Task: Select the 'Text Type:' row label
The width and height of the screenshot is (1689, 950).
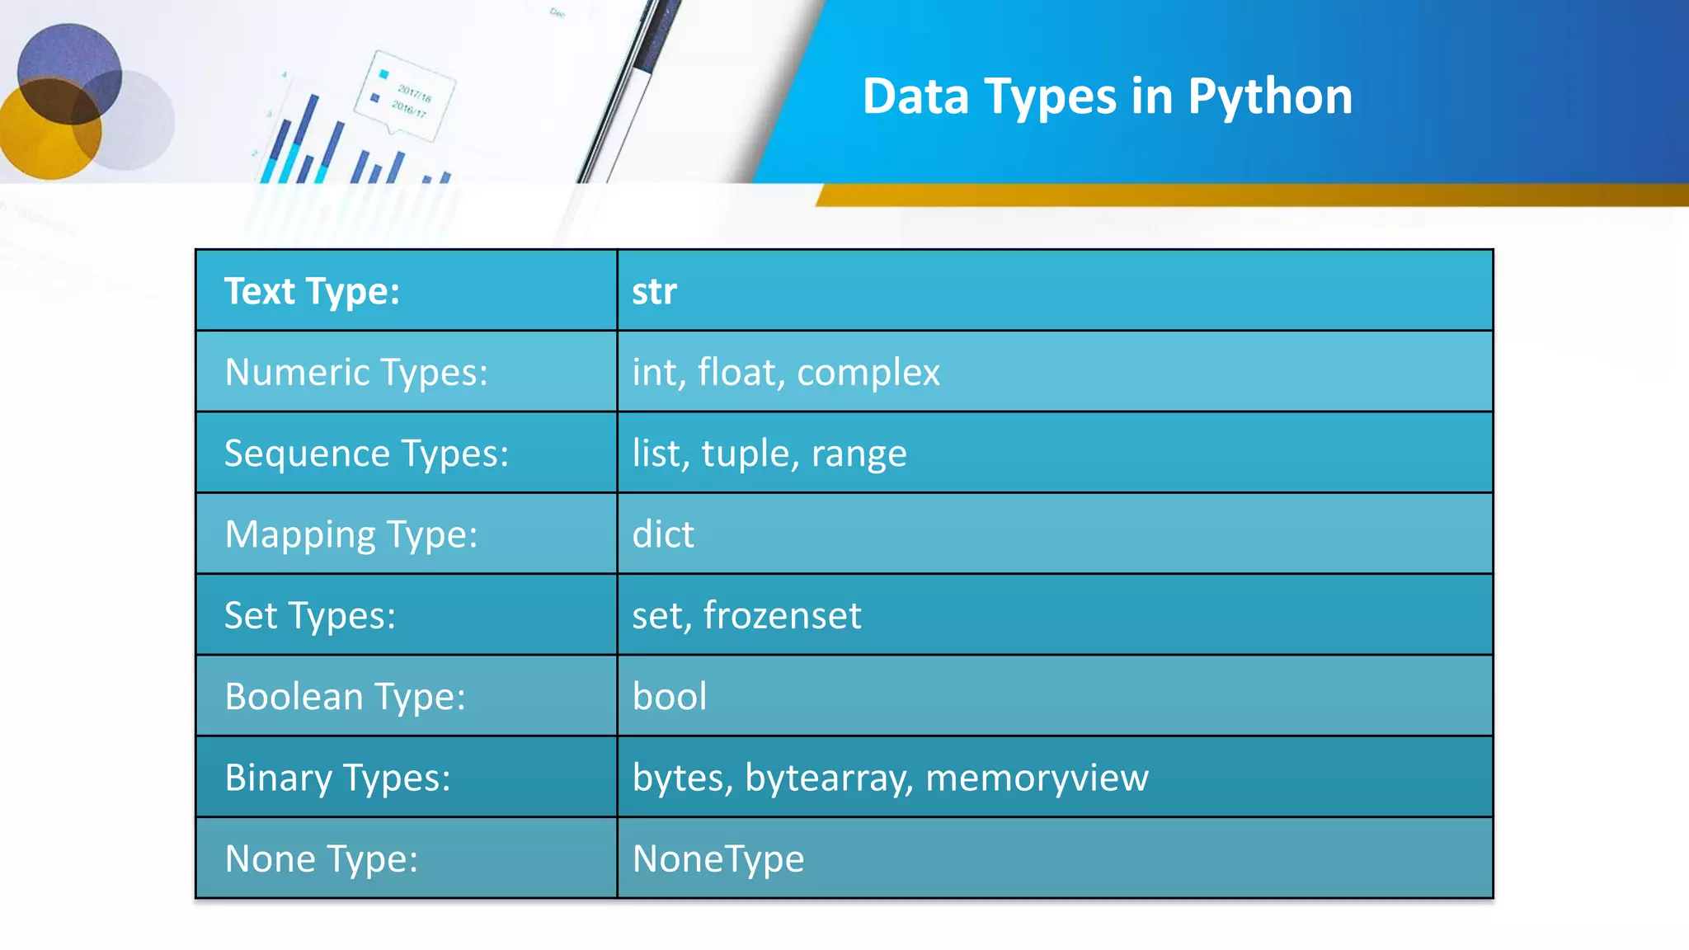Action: pyautogui.click(x=312, y=291)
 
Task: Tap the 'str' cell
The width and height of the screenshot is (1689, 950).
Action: pyautogui.click(x=654, y=292)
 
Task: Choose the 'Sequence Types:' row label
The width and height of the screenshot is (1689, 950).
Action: pyautogui.click(x=366, y=454)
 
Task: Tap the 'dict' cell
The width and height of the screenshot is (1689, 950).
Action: pyautogui.click(x=663, y=534)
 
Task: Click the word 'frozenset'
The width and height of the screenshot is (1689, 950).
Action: pyautogui.click(x=782, y=615)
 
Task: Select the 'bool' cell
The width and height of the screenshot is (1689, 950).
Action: pyautogui.click(x=670, y=696)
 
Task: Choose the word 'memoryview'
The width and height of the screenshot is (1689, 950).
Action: pyautogui.click(x=1037, y=778)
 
